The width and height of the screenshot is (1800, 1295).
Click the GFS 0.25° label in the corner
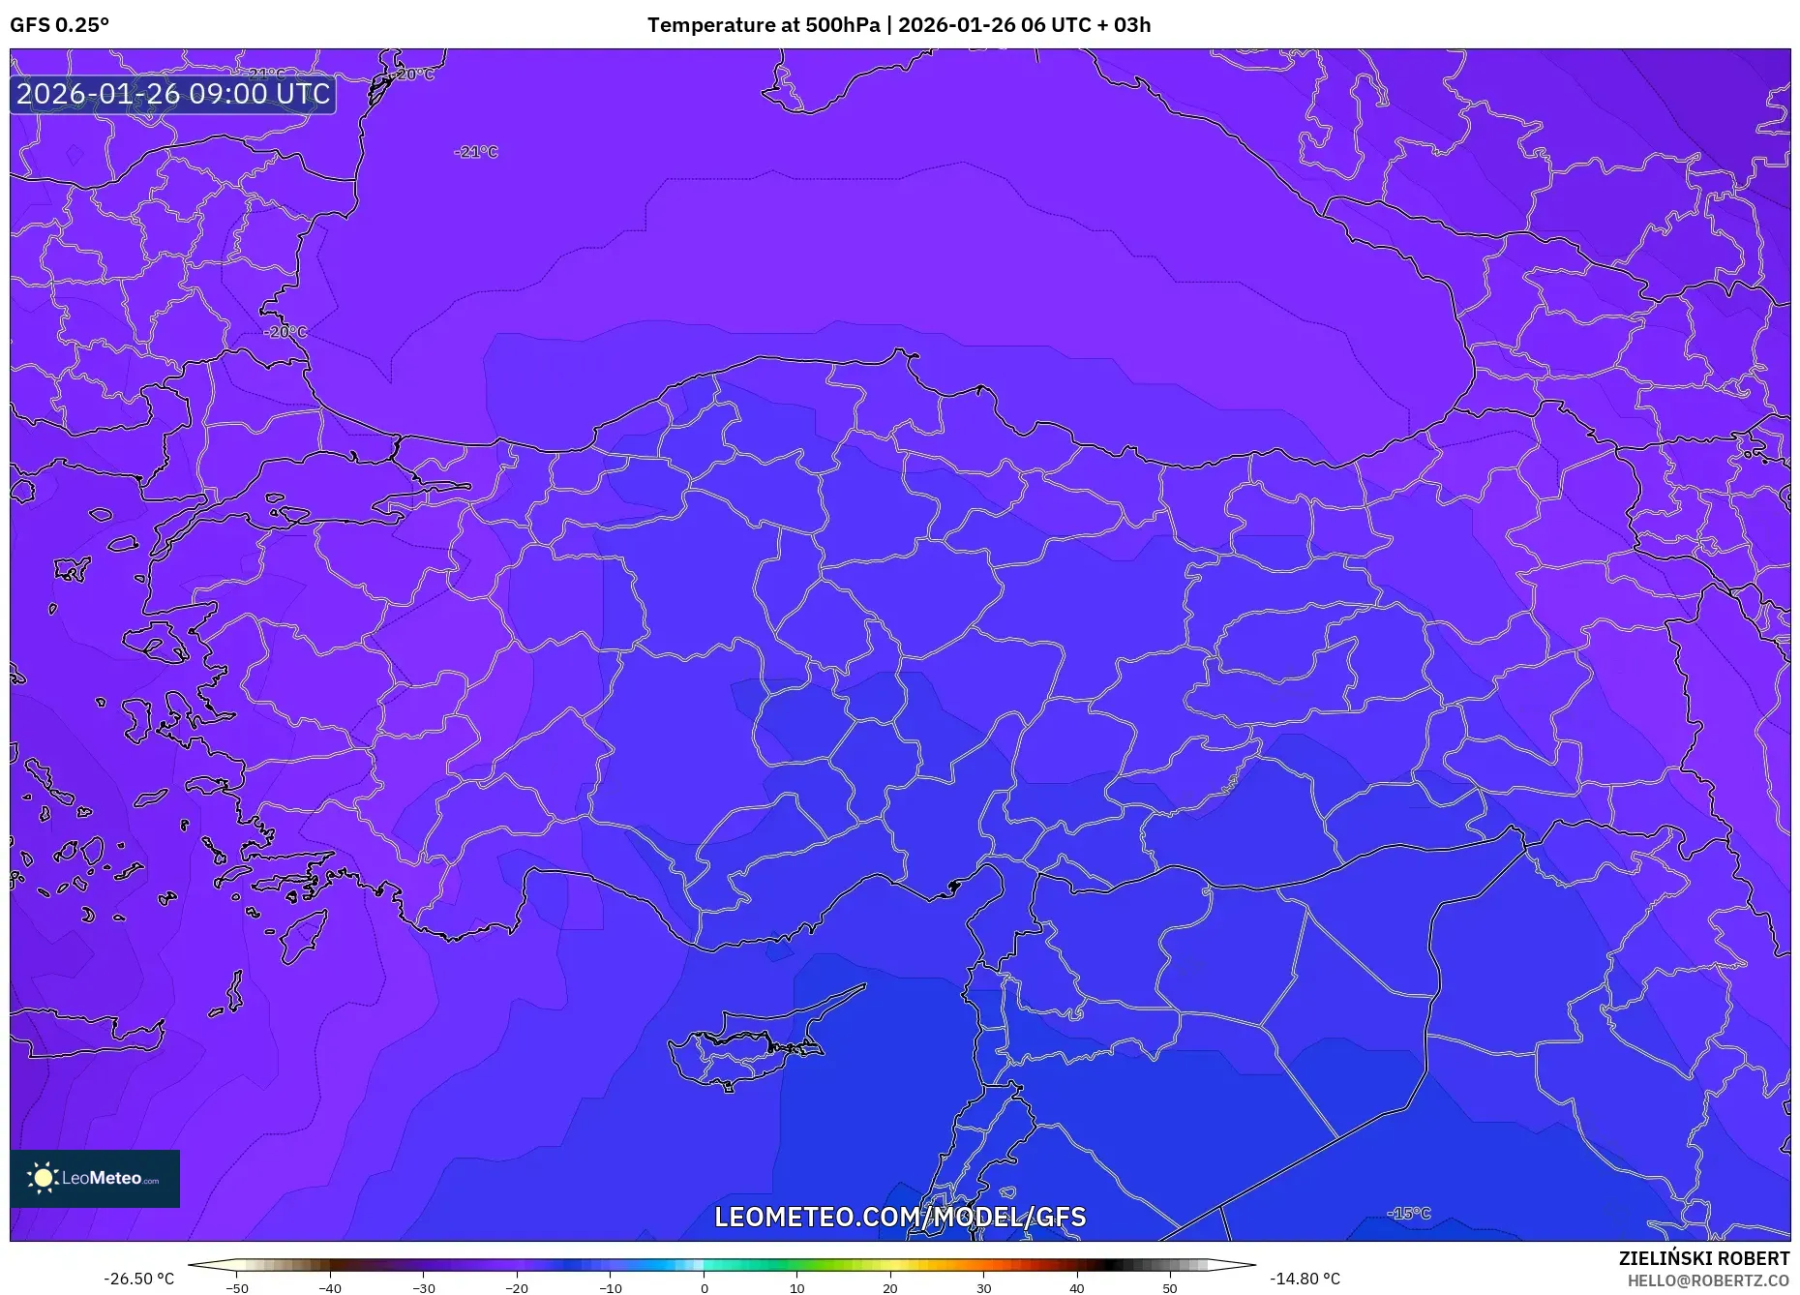tap(59, 25)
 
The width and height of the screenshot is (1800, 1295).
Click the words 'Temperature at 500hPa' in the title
tap(763, 25)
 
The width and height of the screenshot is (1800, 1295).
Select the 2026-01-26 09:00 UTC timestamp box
tap(173, 95)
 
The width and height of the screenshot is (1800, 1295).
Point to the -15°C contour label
tap(1408, 1213)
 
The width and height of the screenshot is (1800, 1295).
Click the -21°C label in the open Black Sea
tap(476, 152)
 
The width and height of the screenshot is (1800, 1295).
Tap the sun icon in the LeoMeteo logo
tap(43, 1178)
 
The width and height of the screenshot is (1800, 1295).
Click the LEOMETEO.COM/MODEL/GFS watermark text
tap(900, 1217)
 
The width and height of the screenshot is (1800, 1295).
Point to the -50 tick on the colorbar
tap(237, 1288)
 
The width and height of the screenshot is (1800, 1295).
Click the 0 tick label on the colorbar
tap(704, 1288)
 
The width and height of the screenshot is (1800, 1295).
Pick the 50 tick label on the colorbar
tap(1170, 1288)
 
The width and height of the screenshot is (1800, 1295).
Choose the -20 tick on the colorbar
tap(517, 1288)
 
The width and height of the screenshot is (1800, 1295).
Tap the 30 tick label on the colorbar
tap(983, 1288)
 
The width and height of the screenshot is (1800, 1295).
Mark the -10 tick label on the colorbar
tap(610, 1288)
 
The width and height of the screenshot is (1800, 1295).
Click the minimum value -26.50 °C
tap(139, 1279)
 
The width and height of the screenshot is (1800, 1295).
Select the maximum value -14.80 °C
tap(1305, 1279)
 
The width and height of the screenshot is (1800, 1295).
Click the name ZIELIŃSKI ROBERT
tap(1703, 1258)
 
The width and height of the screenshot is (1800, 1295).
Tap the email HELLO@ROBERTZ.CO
tap(1708, 1280)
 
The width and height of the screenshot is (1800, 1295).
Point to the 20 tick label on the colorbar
tap(890, 1288)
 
